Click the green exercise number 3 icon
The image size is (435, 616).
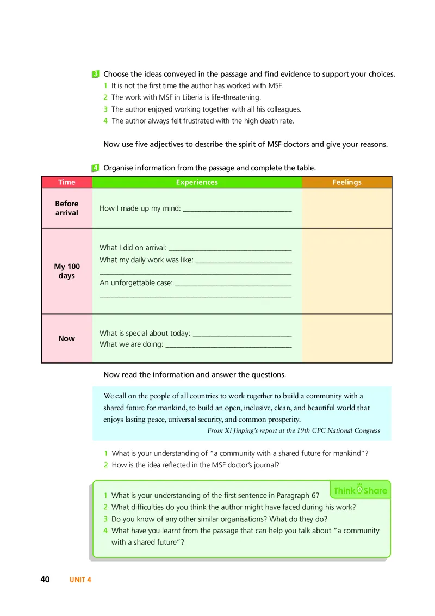pyautogui.click(x=96, y=74)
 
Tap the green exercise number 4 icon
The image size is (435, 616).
pyautogui.click(x=96, y=168)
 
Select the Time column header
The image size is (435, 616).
pyautogui.click(x=67, y=182)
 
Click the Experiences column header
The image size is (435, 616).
pyautogui.click(x=197, y=182)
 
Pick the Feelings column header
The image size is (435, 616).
pyautogui.click(x=346, y=182)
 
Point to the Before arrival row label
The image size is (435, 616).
pyautogui.click(x=67, y=208)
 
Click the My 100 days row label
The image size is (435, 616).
pyautogui.click(x=67, y=271)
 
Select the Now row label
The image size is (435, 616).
pyautogui.click(x=67, y=338)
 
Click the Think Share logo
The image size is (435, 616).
pyautogui.click(x=360, y=490)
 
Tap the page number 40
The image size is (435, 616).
pyautogui.click(x=45, y=580)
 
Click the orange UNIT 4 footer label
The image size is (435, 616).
pyautogui.click(x=80, y=580)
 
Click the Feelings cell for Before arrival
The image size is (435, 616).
pyautogui.click(x=346, y=208)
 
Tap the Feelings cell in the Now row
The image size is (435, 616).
pyautogui.click(x=346, y=338)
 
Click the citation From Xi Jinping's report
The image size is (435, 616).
pyautogui.click(x=294, y=430)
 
